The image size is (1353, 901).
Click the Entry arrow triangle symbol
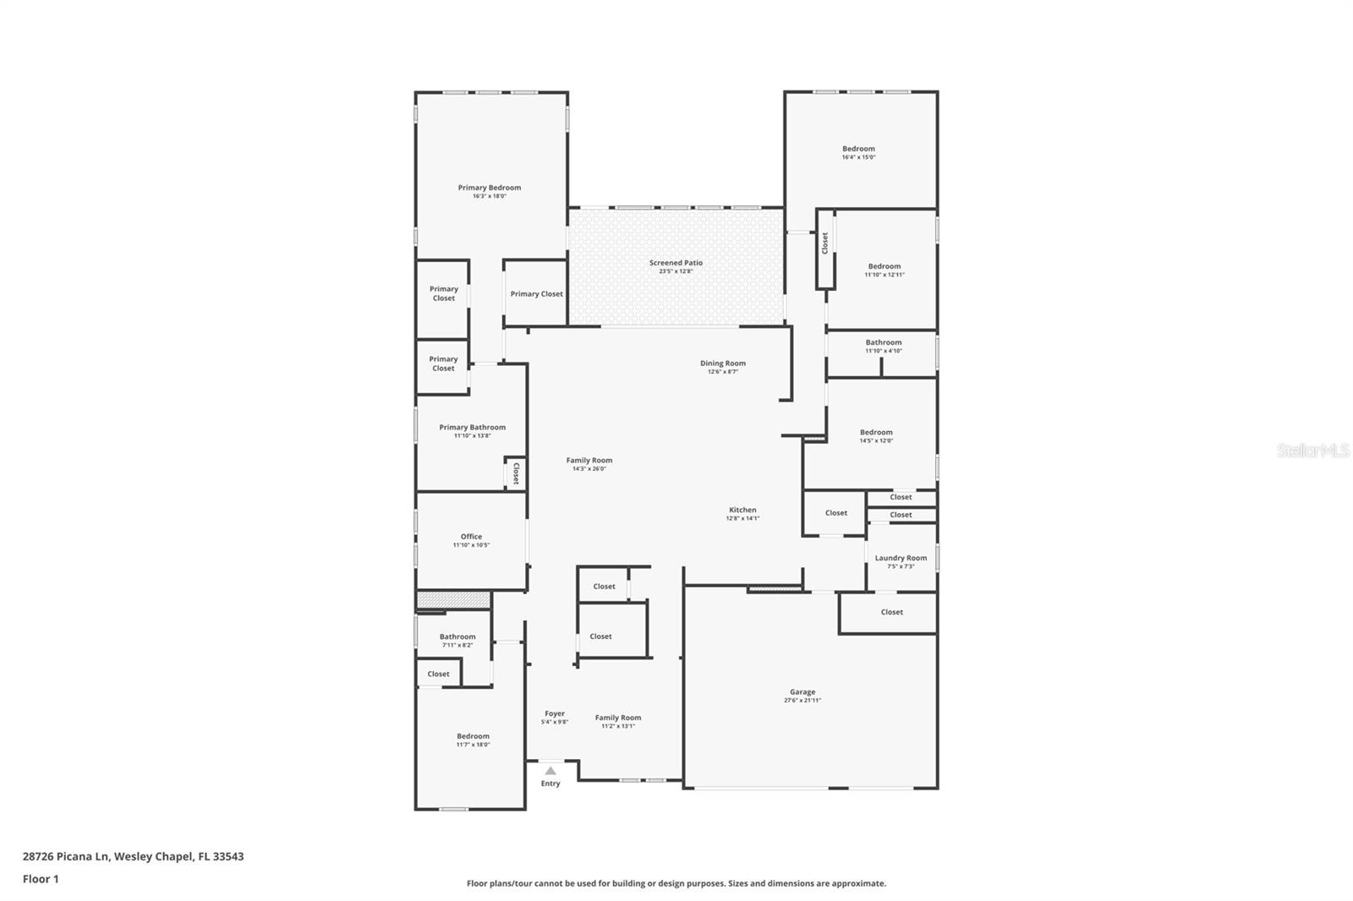tap(551, 770)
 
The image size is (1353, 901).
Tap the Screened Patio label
tap(676, 263)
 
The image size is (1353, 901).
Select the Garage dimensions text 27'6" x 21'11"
tap(802, 701)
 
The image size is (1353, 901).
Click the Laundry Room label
tap(901, 558)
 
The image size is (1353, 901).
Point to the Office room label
tap(471, 537)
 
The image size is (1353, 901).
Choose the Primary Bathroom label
tap(472, 428)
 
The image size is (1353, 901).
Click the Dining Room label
tap(722, 363)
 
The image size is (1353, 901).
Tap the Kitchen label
tap(742, 510)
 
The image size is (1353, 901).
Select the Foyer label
tap(555, 713)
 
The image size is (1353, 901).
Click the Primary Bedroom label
tap(490, 188)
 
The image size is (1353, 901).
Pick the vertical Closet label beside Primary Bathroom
tap(516, 472)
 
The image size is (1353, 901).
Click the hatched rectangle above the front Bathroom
tap(453, 599)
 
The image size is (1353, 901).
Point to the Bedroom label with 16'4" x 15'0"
tap(858, 149)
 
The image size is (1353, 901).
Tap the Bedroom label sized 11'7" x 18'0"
tap(473, 736)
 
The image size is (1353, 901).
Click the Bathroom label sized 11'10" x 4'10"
tap(883, 342)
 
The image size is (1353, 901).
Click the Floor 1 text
tap(41, 879)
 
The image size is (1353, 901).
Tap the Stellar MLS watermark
tap(1312, 450)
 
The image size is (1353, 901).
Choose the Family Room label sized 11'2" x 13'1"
tap(618, 718)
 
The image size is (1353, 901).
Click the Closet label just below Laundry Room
tap(891, 612)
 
